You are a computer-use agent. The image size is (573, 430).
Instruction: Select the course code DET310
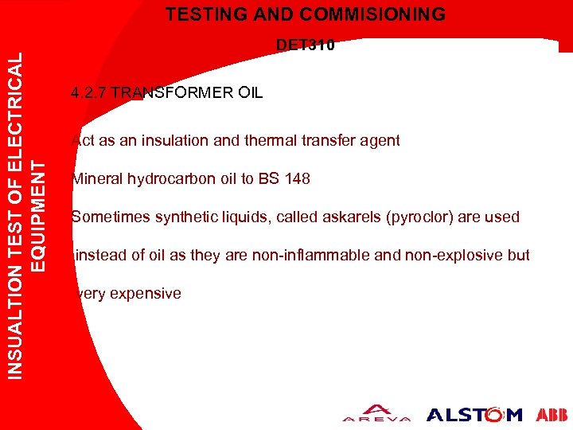click(306, 45)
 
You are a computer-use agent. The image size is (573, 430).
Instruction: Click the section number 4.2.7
click(88, 93)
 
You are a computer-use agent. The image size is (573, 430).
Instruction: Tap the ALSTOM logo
click(474, 414)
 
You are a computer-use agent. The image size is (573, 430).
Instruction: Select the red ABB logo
click(552, 414)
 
